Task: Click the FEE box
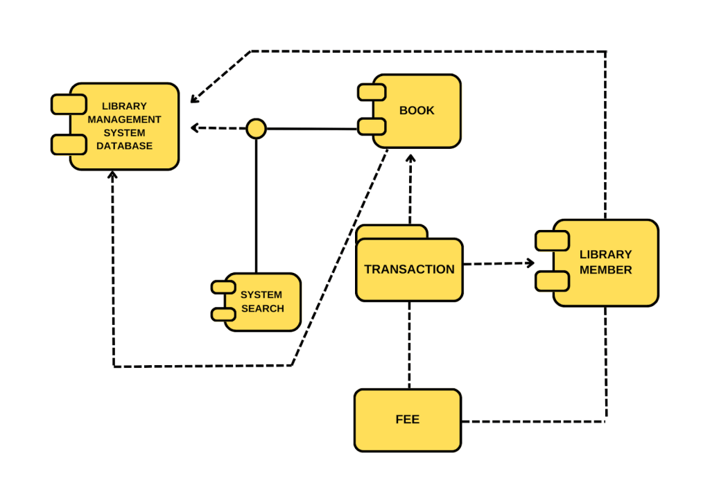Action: (407, 420)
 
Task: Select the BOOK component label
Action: (417, 110)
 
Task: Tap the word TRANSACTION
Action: (409, 270)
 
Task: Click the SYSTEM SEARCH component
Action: (263, 302)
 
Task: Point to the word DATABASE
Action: (124, 146)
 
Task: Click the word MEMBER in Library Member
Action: (605, 270)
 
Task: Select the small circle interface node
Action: (257, 128)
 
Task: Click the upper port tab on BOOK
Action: (372, 91)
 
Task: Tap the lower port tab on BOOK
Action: (372, 127)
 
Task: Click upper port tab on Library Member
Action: (552, 240)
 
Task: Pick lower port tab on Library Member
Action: (552, 281)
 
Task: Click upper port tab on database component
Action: (68, 105)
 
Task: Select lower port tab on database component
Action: (68, 145)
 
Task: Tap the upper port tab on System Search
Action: (223, 287)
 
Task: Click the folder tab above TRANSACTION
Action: (391, 231)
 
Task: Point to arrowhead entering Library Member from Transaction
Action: (531, 263)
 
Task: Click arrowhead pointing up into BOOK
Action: (410, 159)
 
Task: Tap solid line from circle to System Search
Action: (257, 208)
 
